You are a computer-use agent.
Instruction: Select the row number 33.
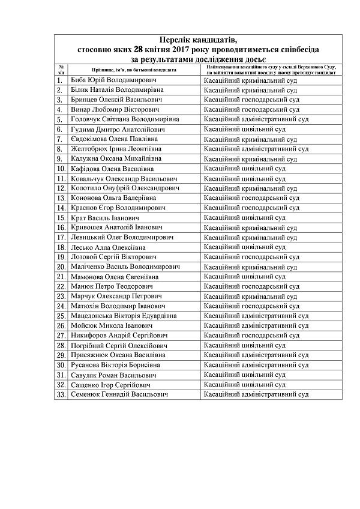pyautogui.click(x=61, y=395)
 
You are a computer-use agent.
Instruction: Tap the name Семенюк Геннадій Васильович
pyautogui.click(x=118, y=395)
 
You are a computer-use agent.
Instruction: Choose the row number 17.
pyautogui.click(x=61, y=238)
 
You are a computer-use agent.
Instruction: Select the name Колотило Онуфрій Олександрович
pyautogui.click(x=125, y=188)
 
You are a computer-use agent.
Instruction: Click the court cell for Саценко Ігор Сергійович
pyautogui.click(x=244, y=385)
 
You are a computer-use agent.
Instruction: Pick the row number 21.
pyautogui.click(x=61, y=277)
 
